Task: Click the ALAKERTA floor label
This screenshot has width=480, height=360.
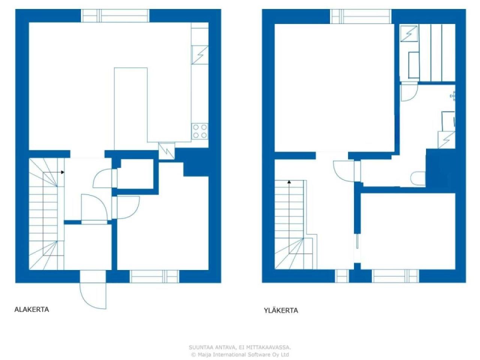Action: click(x=31, y=310)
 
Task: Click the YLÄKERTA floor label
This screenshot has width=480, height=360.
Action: click(x=281, y=310)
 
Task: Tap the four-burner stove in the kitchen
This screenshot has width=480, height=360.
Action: click(x=200, y=131)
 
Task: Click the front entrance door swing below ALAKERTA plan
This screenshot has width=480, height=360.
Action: click(x=93, y=294)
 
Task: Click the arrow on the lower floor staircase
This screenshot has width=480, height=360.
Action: click(x=62, y=172)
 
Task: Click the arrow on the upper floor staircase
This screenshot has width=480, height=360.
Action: click(x=289, y=182)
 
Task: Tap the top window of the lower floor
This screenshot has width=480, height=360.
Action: click(x=115, y=16)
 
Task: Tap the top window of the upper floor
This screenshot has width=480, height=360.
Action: click(x=361, y=16)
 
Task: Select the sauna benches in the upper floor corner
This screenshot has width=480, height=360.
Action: click(x=437, y=52)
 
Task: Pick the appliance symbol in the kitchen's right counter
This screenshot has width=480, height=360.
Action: click(x=200, y=55)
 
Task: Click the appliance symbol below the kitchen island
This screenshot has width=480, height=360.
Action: click(x=166, y=151)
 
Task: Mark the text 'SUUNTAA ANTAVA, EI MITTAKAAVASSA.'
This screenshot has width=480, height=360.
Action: click(x=240, y=348)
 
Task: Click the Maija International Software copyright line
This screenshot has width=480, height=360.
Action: click(x=240, y=354)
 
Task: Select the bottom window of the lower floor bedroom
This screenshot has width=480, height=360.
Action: click(x=154, y=276)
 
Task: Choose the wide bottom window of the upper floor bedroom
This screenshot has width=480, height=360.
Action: click(x=396, y=276)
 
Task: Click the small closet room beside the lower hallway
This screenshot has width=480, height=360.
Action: click(x=136, y=174)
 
